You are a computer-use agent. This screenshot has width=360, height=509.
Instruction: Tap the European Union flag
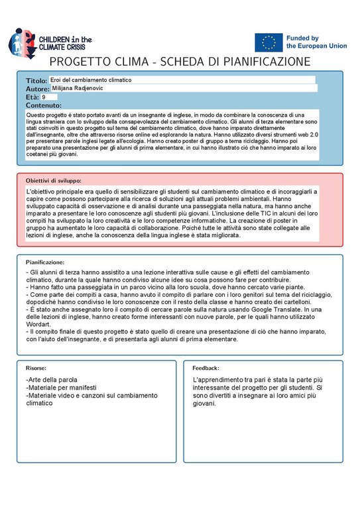[268, 42]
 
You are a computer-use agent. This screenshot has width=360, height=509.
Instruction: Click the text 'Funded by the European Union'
[311, 42]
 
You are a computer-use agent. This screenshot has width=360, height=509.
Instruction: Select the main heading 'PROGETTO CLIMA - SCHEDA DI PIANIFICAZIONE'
[180, 62]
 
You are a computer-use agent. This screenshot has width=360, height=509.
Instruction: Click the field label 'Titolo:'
[36, 80]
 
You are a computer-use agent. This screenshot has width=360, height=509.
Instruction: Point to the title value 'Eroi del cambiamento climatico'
[91, 80]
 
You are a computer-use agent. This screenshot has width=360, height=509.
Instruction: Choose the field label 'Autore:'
[38, 89]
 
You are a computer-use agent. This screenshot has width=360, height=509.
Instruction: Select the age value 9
[44, 97]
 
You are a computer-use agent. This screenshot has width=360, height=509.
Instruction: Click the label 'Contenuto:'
[44, 105]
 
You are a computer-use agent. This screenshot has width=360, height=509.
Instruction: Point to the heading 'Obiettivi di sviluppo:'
[54, 180]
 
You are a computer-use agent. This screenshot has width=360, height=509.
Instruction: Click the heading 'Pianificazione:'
[47, 262]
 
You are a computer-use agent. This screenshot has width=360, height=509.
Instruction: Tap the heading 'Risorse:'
[36, 367]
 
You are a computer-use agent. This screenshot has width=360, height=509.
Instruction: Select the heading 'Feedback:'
[206, 367]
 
